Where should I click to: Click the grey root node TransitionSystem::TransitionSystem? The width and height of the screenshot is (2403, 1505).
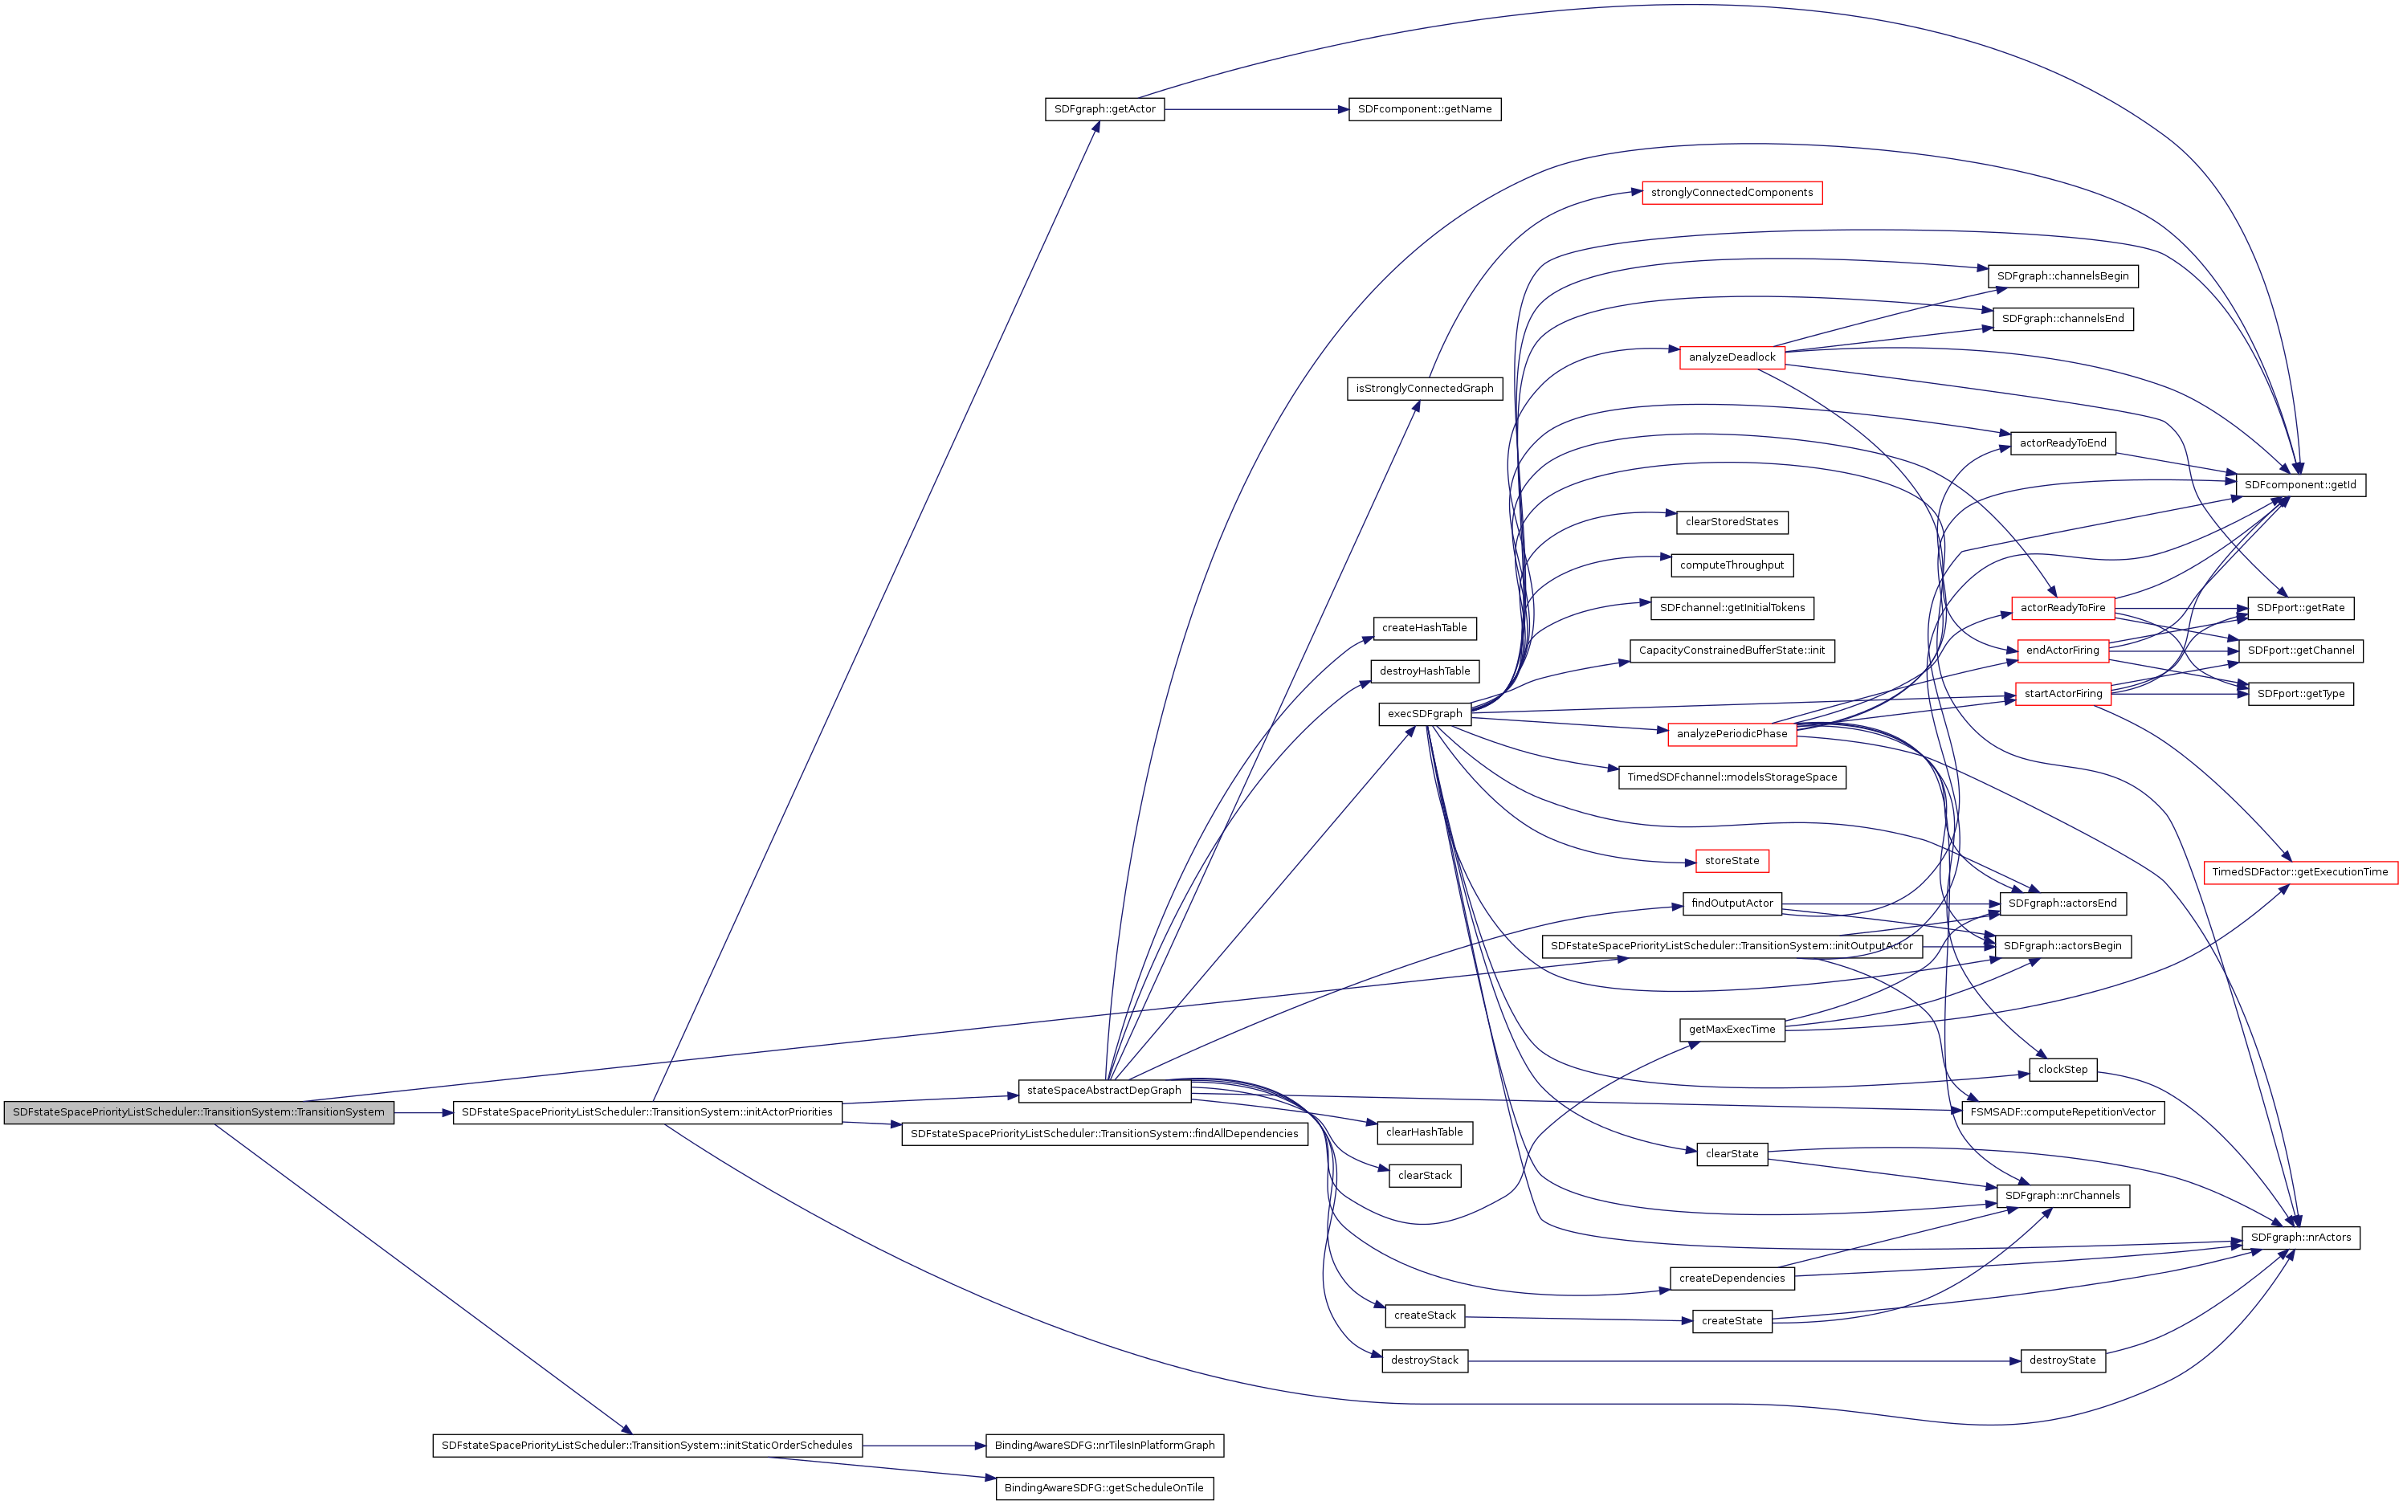pyautogui.click(x=198, y=1111)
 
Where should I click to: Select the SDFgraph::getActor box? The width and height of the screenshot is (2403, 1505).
pyautogui.click(x=1104, y=109)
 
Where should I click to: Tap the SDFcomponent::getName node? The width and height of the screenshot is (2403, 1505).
pyautogui.click(x=1423, y=109)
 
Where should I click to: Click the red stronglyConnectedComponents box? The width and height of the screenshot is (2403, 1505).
pyautogui.click(x=1731, y=193)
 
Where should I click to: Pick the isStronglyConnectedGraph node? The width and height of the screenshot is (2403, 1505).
pyautogui.click(x=1423, y=388)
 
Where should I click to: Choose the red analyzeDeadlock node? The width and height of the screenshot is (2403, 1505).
pyautogui.click(x=1731, y=357)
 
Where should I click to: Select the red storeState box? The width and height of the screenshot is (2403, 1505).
pyautogui.click(x=1731, y=861)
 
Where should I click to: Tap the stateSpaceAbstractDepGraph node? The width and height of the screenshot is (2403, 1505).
pyautogui.click(x=1104, y=1090)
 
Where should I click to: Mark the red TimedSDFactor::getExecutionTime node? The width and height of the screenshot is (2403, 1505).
pyautogui.click(x=2299, y=872)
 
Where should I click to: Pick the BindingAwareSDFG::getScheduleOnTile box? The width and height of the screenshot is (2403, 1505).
pyautogui.click(x=1104, y=1488)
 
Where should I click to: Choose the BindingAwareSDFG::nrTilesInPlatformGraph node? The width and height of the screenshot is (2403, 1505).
pyautogui.click(x=1104, y=1446)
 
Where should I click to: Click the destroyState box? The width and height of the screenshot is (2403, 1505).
pyautogui.click(x=2062, y=1360)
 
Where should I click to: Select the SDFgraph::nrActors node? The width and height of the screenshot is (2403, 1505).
pyautogui.click(x=2299, y=1238)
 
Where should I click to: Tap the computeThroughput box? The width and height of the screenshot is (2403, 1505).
pyautogui.click(x=1731, y=565)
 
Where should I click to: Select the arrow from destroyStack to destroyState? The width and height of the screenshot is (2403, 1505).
pyautogui.click(x=1742, y=1360)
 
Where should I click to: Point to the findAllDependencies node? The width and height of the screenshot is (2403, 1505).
pyautogui.click(x=1104, y=1134)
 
